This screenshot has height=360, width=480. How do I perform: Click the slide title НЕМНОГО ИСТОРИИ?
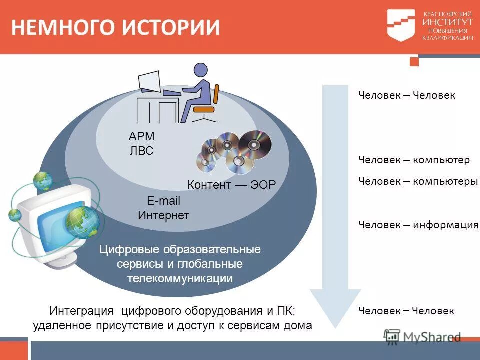[115, 27]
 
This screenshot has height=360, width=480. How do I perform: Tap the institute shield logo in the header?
[401, 25]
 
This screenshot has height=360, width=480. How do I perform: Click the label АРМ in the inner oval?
[142, 136]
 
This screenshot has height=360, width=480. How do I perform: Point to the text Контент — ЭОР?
[231, 185]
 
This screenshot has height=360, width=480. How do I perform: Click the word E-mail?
[163, 201]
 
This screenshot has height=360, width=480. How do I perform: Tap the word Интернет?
[163, 215]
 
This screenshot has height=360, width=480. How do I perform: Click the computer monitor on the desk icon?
[149, 81]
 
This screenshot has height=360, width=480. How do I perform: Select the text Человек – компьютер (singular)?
[414, 160]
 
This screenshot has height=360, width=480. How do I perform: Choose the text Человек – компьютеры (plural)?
[418, 181]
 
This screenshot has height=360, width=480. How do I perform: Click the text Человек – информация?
[418, 225]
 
